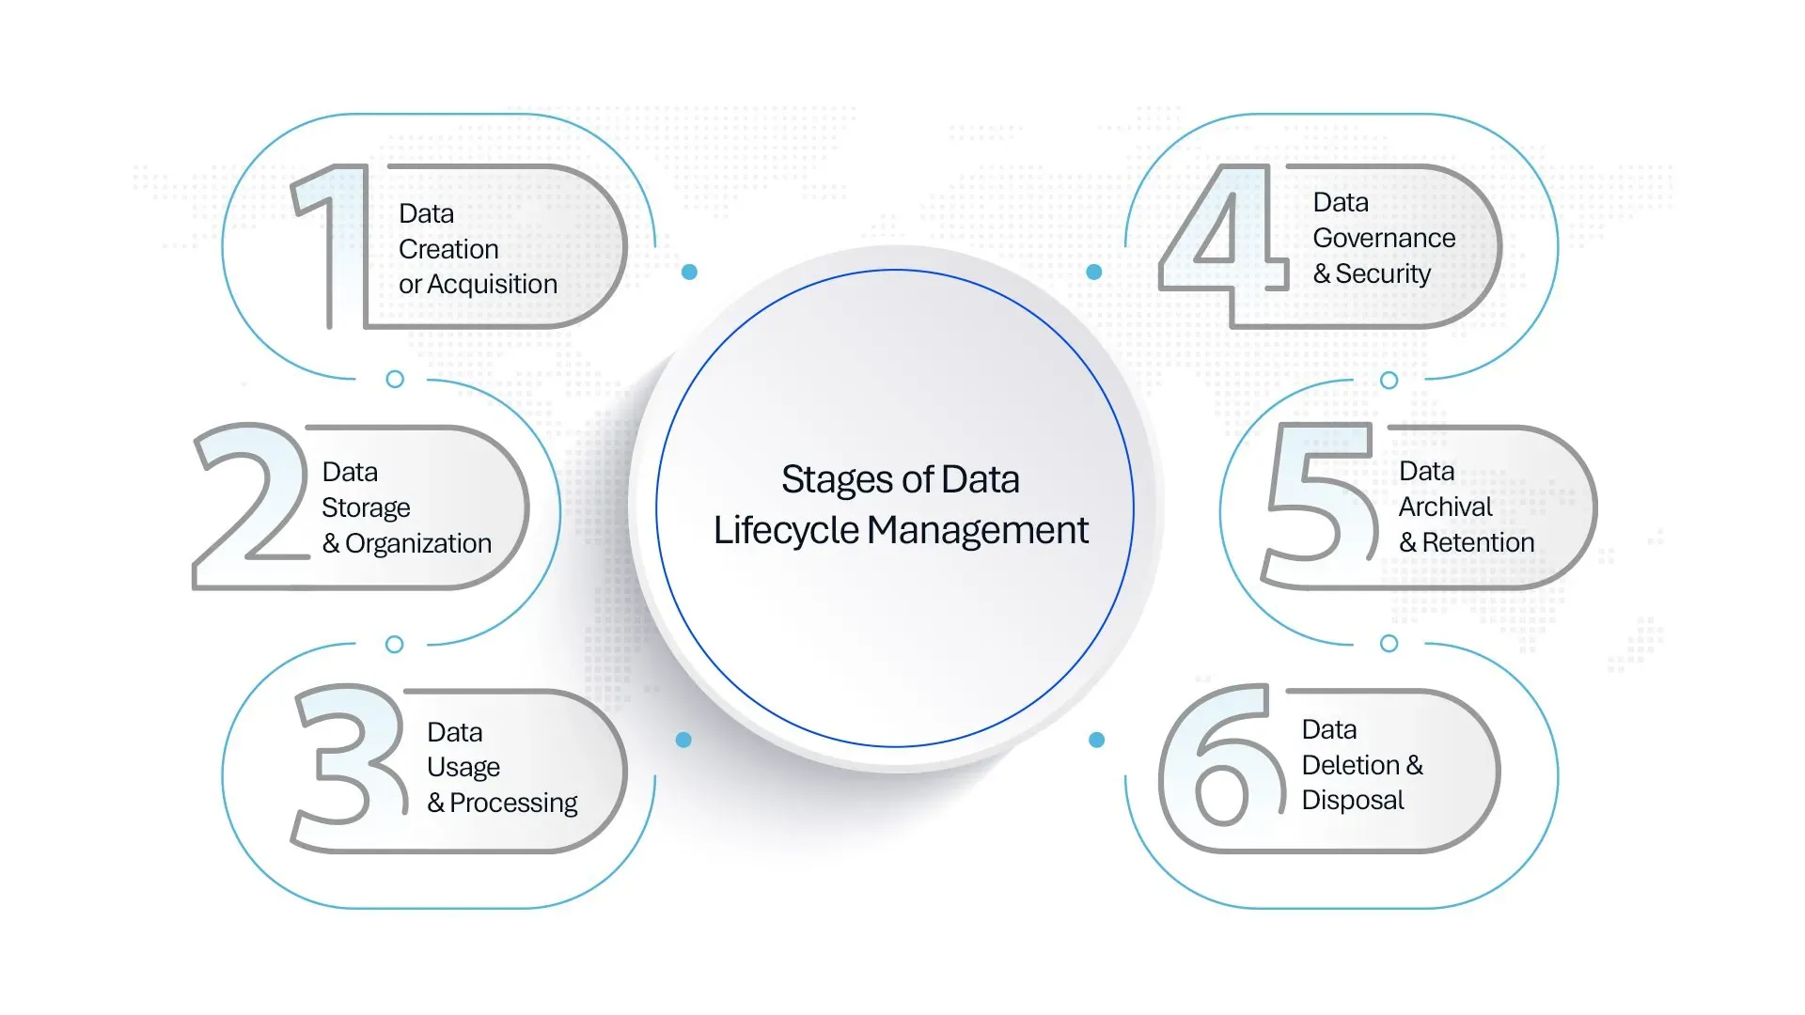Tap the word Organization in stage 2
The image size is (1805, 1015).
click(418, 544)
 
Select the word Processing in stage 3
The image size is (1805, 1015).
click(513, 804)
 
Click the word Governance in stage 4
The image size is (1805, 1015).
click(1384, 239)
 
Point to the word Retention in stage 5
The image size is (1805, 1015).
click(1478, 543)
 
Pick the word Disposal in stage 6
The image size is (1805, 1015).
click(1353, 801)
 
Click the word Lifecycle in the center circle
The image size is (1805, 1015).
click(786, 531)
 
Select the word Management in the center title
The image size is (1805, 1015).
click(978, 531)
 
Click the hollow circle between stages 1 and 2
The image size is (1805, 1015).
click(395, 379)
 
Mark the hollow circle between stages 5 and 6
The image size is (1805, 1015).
click(1389, 644)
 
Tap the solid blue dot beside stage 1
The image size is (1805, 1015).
click(689, 272)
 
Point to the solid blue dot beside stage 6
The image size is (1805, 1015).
click(1096, 740)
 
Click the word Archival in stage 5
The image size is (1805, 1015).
click(1445, 507)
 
